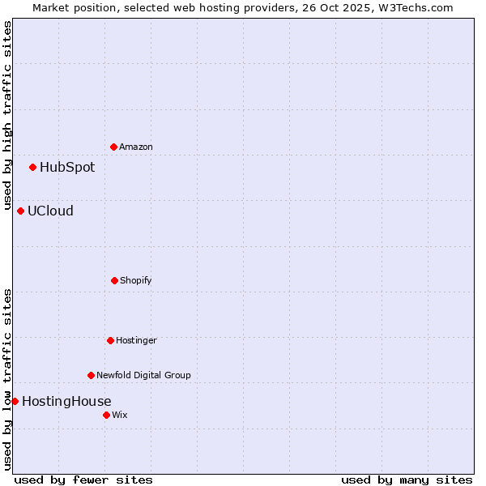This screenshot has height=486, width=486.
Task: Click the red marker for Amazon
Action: pyautogui.click(x=113, y=147)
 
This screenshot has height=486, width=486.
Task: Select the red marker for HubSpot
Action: pyautogui.click(x=32, y=167)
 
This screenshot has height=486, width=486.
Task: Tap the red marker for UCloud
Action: pyautogui.click(x=20, y=211)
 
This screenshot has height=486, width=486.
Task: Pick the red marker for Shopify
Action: pyautogui.click(x=114, y=280)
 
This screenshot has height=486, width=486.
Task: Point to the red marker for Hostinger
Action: pyautogui.click(x=110, y=340)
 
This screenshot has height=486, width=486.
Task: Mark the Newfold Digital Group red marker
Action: pyautogui.click(x=91, y=375)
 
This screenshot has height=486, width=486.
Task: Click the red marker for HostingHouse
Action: pyautogui.click(x=15, y=401)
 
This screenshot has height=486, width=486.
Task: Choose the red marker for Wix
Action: pyautogui.click(x=106, y=415)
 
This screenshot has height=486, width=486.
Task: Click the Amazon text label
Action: pyautogui.click(x=136, y=147)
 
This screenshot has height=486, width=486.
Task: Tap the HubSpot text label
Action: pyautogui.click(x=67, y=168)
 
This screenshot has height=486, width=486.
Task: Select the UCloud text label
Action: pyautogui.click(x=50, y=211)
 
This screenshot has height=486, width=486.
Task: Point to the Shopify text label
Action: pyautogui.click(x=136, y=280)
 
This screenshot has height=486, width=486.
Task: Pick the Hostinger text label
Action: pyautogui.click(x=136, y=340)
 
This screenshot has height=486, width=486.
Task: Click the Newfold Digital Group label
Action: pyautogui.click(x=143, y=375)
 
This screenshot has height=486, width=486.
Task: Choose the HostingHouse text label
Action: pyautogui.click(x=66, y=402)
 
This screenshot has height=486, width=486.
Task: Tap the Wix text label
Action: pyautogui.click(x=120, y=415)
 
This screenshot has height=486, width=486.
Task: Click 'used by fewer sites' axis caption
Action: pyautogui.click(x=83, y=480)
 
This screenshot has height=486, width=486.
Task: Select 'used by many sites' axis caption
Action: pyautogui.click(x=407, y=480)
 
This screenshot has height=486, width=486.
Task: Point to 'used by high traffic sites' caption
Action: pyautogui.click(x=7, y=110)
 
